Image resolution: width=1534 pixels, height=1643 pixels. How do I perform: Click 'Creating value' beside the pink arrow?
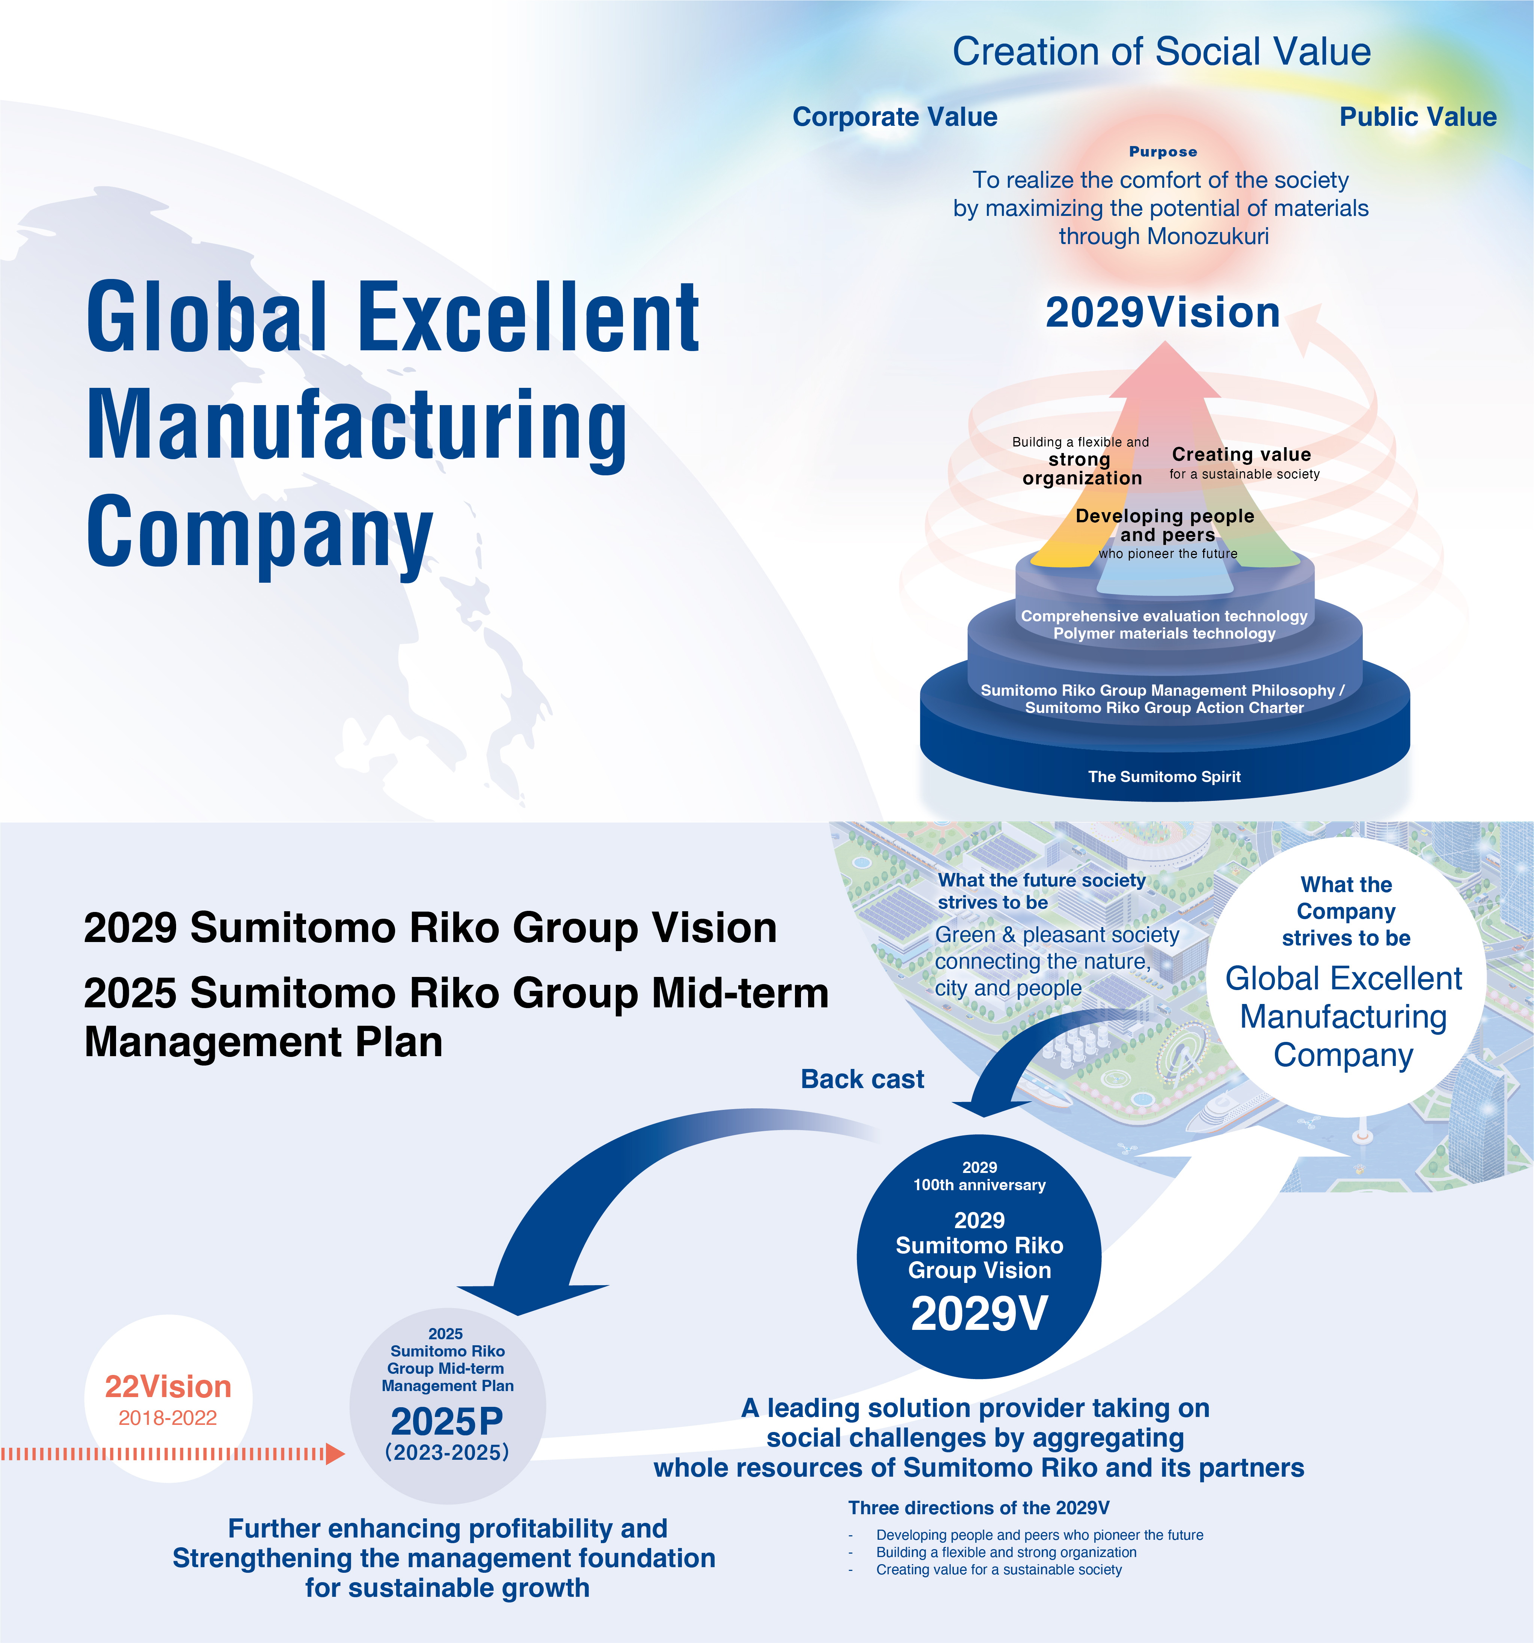tap(1241, 455)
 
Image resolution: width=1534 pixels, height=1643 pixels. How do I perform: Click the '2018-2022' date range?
tap(168, 1418)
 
